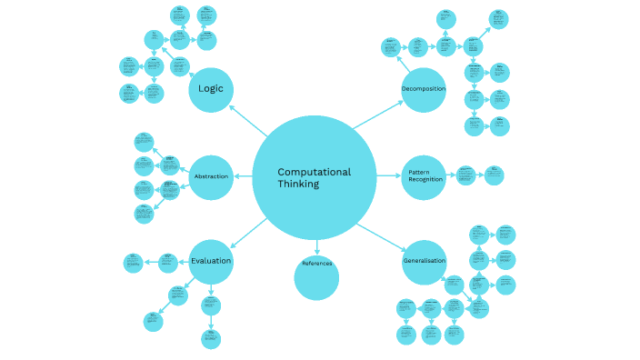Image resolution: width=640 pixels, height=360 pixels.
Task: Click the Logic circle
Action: (x=211, y=89)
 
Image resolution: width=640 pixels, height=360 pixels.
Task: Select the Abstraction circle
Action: (x=211, y=175)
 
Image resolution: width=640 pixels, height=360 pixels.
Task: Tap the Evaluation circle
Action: (x=211, y=261)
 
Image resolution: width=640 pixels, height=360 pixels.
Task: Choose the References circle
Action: (x=316, y=276)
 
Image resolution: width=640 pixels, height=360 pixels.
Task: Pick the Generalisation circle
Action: (x=424, y=262)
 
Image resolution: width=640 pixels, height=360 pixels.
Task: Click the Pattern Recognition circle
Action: (x=424, y=176)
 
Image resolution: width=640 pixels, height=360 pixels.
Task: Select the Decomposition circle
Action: (x=424, y=89)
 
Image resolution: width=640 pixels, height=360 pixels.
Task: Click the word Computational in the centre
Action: (x=314, y=172)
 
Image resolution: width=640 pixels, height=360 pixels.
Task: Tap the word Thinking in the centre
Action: (x=298, y=185)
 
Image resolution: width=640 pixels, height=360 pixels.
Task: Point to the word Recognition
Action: (x=425, y=180)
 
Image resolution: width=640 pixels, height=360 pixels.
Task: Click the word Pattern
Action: (x=419, y=172)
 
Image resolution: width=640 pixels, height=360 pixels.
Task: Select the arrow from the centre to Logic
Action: (x=245, y=117)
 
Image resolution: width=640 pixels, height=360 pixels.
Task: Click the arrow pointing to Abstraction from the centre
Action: (x=243, y=175)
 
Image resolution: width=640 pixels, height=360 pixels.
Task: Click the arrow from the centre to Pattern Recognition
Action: (x=389, y=176)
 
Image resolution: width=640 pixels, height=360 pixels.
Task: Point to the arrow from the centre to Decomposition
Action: (x=377, y=115)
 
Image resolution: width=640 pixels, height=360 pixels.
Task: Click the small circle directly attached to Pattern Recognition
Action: (x=465, y=175)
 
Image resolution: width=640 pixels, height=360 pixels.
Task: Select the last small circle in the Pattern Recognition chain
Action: (x=494, y=175)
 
